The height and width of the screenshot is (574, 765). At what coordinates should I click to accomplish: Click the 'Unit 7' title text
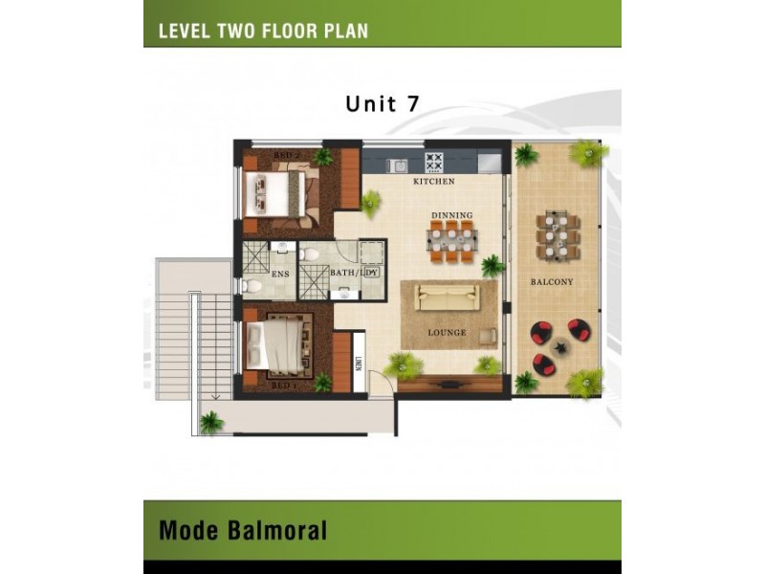(382, 104)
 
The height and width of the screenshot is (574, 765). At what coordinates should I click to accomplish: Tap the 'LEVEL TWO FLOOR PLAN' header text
(263, 31)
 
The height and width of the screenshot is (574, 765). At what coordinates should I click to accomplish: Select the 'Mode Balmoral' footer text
(243, 530)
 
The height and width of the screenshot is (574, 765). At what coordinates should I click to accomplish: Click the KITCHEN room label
(433, 182)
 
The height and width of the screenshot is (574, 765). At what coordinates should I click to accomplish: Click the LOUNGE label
(447, 333)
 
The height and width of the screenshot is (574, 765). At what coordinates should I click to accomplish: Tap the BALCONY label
(552, 282)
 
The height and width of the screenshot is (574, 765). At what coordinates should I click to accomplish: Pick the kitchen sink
(397, 166)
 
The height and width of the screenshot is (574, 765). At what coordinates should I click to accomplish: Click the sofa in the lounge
(448, 297)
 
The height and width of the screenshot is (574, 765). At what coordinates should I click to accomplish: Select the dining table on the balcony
(557, 235)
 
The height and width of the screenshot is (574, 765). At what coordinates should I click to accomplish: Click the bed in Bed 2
(276, 194)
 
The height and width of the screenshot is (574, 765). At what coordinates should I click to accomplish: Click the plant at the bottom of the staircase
(210, 422)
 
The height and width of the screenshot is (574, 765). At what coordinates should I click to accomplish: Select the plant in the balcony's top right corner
(585, 153)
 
